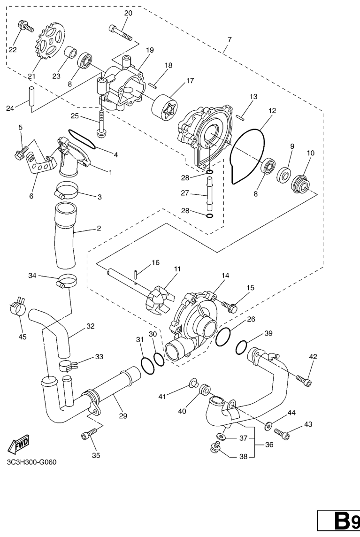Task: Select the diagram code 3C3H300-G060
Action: pos(31,462)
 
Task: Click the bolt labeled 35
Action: pos(87,435)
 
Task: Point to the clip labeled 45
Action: pos(17,308)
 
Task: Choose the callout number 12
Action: pos(272,111)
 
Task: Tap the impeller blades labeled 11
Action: pos(160,302)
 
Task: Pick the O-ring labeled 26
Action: pos(224,336)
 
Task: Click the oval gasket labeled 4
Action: pos(82,139)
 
